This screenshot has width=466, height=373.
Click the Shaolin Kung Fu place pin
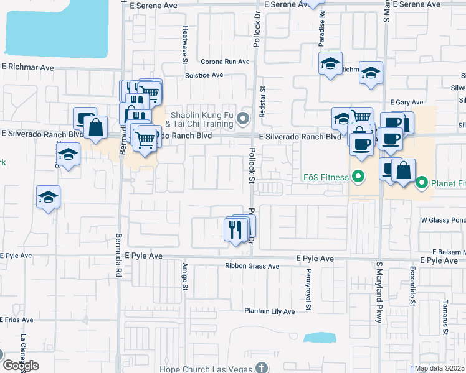click(244, 118)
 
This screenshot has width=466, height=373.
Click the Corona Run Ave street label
click(225, 62)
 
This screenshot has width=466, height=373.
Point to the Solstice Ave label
click(204, 75)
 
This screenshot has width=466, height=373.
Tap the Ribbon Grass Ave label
click(252, 266)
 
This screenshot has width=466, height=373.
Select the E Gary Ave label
click(406, 102)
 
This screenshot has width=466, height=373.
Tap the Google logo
click(20, 366)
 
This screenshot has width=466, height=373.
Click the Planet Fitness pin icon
click(421, 183)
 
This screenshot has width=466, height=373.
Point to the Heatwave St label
click(185, 45)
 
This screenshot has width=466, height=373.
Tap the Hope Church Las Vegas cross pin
click(262, 367)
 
